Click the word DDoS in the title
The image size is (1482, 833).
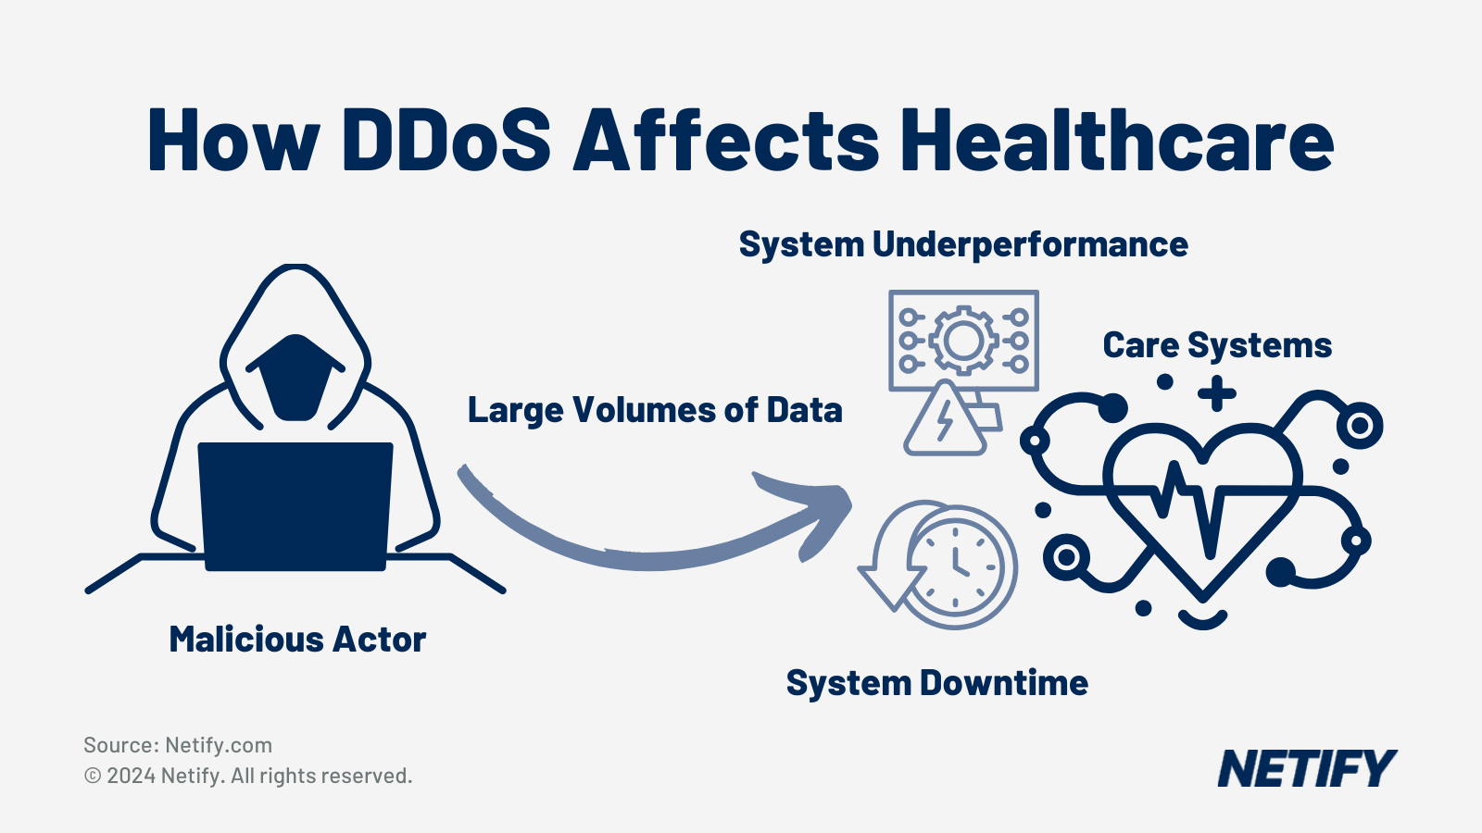coord(446,141)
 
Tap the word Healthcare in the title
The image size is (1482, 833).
coord(1117,141)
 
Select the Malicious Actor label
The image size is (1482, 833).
coord(297,640)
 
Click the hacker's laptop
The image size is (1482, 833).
coord(295,504)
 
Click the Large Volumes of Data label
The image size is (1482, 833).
coord(655,410)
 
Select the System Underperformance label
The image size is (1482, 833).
coord(963,244)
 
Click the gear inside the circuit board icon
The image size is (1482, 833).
coord(963,341)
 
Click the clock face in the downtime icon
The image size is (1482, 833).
coord(957,566)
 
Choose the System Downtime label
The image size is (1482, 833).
coord(936,683)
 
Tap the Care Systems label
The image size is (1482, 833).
coord(1217,345)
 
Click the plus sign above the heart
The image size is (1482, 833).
coord(1217,394)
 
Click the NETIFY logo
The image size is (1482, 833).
coord(1306,768)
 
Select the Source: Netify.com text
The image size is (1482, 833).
coord(178,745)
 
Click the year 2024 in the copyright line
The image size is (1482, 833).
coord(131,776)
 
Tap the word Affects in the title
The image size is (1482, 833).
coord(726,141)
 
